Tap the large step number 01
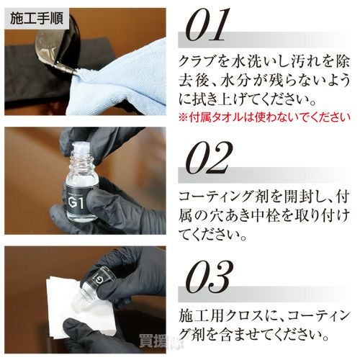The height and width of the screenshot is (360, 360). click(x=207, y=25)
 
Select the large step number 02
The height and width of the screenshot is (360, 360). click(x=207, y=158)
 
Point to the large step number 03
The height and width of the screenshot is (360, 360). click(x=207, y=277)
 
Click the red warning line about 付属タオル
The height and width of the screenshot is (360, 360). click(x=264, y=117)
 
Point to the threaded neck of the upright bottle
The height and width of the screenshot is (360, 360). click(x=81, y=156)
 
